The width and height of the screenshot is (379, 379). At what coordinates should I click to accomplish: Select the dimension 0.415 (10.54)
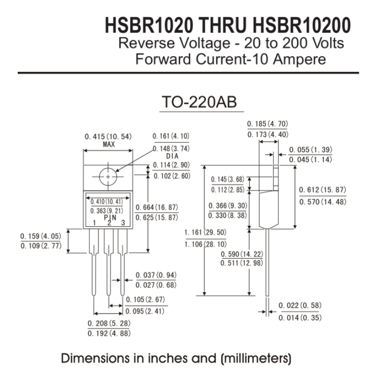(108, 136)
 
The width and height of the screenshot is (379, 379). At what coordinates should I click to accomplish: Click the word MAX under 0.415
(108, 144)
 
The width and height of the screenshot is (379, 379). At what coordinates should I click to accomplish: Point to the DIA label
(170, 157)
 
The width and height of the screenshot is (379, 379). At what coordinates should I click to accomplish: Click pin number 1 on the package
(93, 223)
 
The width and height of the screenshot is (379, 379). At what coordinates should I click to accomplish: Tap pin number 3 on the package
(123, 223)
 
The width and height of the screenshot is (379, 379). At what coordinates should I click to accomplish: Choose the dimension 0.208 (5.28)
(110, 323)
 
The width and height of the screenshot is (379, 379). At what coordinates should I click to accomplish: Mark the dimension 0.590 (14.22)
(242, 254)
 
